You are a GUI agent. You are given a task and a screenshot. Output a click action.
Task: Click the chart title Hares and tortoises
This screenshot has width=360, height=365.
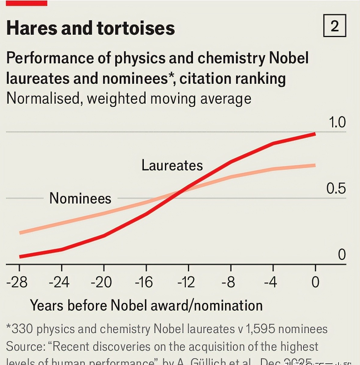point(91,28)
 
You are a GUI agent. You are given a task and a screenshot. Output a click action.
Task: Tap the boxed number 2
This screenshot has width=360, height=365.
point(335,26)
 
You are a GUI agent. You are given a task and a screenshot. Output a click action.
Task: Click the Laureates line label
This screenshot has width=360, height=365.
point(172,166)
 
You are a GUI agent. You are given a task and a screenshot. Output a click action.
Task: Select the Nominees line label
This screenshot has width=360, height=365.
point(80,199)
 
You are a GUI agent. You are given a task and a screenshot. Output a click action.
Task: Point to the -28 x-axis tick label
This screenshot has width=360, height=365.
point(17,282)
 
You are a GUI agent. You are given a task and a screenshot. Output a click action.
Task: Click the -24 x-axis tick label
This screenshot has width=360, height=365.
point(59,282)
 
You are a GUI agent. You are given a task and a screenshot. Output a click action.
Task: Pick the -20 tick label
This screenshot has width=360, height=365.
point(101,282)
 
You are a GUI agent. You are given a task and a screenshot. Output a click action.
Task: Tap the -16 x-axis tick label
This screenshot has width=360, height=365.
point(144,282)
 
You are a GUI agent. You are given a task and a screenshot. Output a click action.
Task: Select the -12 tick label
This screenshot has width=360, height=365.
point(186,282)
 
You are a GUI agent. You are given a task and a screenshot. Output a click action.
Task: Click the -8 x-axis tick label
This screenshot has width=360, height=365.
point(228,282)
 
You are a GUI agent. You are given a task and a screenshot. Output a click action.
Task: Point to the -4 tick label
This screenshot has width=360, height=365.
point(270,282)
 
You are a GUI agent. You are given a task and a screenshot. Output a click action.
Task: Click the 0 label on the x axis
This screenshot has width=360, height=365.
point(315,282)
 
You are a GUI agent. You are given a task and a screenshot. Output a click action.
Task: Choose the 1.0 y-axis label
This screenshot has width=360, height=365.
point(337,122)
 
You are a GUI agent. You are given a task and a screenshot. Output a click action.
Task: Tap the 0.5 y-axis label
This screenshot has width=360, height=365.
point(336,189)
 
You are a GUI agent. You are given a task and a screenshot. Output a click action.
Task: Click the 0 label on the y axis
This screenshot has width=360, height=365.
point(342,255)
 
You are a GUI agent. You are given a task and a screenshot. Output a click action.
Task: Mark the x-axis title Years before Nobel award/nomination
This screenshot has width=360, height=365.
point(146,305)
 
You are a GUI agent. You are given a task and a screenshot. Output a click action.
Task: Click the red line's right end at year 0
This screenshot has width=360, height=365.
point(315,134)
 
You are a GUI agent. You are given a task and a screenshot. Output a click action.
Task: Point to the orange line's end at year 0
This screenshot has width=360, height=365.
point(315,165)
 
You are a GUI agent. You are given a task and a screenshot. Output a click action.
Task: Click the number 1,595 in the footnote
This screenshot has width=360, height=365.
point(260,329)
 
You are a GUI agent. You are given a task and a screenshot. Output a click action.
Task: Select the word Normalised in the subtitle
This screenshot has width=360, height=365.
point(42,99)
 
